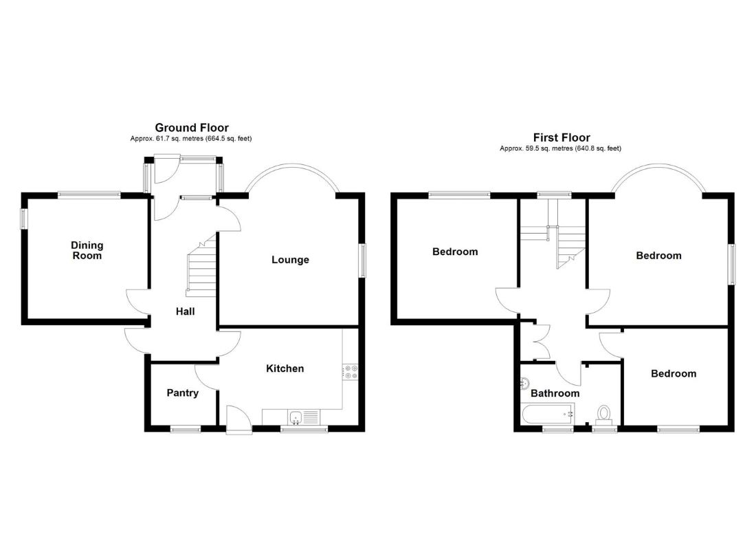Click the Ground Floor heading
pos(192,128)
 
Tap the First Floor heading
pos(562,137)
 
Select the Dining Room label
pos(87,250)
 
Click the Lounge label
pos(290,260)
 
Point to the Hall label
pos(185,311)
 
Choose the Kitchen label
pos(285,368)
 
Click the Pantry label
pos(183,393)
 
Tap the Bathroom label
pos(555,393)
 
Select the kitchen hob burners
pos(351,372)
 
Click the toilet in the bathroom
pos(603,415)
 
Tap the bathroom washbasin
pos(525,384)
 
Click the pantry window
pos(186,428)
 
